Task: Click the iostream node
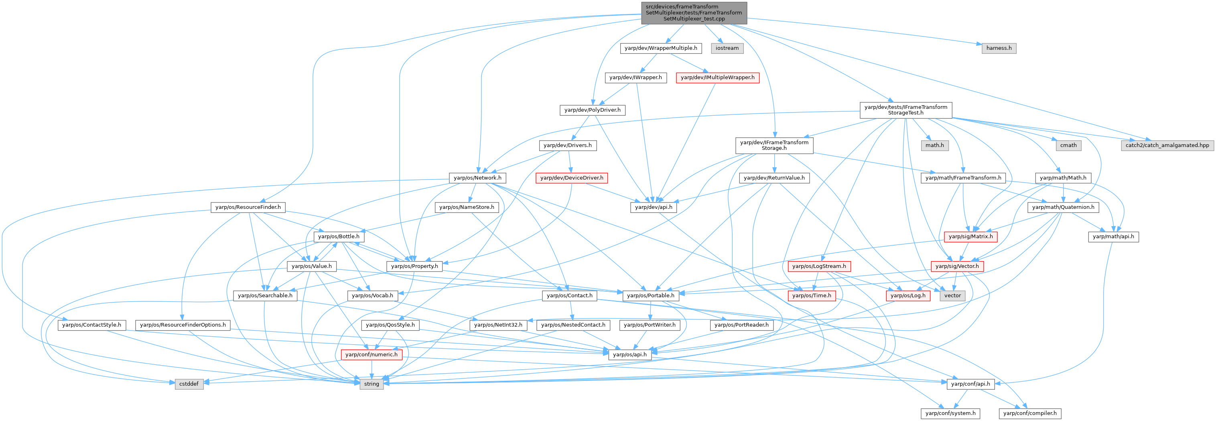pyautogui.click(x=727, y=48)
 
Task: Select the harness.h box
pyautogui.click(x=999, y=48)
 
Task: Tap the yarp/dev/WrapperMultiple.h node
pyautogui.click(x=661, y=48)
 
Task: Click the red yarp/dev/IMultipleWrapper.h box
pyautogui.click(x=717, y=78)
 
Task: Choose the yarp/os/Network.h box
pyautogui.click(x=477, y=178)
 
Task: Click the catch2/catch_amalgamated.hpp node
pyautogui.click(x=1167, y=145)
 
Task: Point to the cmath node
pyautogui.click(x=1068, y=145)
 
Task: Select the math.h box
pyautogui.click(x=935, y=145)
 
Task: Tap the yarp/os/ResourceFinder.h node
pyautogui.click(x=248, y=207)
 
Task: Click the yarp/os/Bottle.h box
pyautogui.click(x=339, y=237)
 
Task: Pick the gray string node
pyautogui.click(x=371, y=384)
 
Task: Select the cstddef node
pyautogui.click(x=189, y=384)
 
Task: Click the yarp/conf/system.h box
pyautogui.click(x=950, y=413)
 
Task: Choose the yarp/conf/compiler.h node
pyautogui.click(x=1030, y=413)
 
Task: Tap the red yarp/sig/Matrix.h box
pyautogui.click(x=970, y=237)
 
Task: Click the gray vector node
pyautogui.click(x=952, y=296)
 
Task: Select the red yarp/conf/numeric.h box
pyautogui.click(x=371, y=355)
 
